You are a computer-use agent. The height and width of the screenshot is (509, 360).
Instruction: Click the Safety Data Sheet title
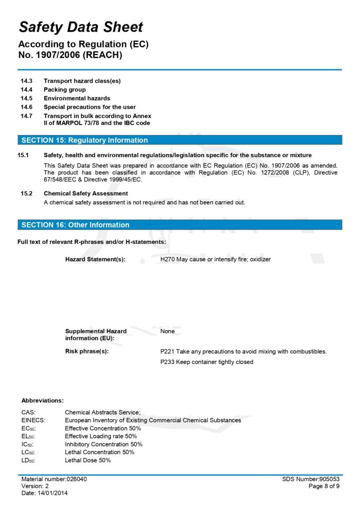(81, 27)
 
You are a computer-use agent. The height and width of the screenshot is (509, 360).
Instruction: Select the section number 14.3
(26, 81)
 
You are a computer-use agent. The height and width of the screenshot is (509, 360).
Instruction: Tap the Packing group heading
(65, 89)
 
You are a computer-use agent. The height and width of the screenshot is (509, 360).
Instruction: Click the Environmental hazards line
(77, 98)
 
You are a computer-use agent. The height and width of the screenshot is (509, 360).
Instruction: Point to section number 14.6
(26, 107)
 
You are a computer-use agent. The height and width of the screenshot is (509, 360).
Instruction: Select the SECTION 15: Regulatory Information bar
(180, 140)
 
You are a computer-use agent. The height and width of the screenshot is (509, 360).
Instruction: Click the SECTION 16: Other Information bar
(180, 225)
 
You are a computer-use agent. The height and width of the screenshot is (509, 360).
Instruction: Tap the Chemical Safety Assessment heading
(86, 193)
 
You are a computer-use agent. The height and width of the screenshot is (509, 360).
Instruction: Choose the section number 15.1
(23, 156)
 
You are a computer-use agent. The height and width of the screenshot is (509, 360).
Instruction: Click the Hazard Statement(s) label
(95, 259)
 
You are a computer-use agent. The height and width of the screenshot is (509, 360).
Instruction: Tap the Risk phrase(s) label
(87, 351)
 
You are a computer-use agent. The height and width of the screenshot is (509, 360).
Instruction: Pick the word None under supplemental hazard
(168, 331)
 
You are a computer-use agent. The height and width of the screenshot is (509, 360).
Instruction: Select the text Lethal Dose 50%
(88, 460)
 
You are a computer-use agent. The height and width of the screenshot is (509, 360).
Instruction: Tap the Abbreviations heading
(42, 400)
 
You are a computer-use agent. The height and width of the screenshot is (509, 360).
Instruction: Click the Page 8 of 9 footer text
(324, 486)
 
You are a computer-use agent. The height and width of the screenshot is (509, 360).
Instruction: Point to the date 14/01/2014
(53, 493)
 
